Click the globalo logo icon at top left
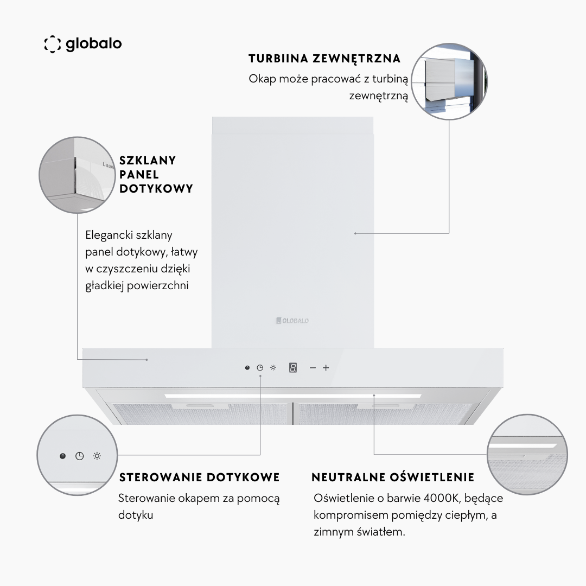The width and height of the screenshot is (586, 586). [52, 44]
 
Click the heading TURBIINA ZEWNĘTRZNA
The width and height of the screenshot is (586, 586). [324, 59]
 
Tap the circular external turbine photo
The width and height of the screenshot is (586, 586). [449, 81]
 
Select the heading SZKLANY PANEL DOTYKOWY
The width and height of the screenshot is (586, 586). [156, 174]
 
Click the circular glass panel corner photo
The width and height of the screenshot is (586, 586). [78, 175]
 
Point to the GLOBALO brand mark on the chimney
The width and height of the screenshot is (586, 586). [292, 321]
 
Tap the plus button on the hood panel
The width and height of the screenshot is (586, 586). [326, 368]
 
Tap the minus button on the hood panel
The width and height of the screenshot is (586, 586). [313, 368]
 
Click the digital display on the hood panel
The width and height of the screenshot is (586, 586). [293, 368]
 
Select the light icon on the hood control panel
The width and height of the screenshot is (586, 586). [273, 368]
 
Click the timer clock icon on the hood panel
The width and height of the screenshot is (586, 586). [260, 368]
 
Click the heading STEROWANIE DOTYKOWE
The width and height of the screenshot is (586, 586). [199, 477]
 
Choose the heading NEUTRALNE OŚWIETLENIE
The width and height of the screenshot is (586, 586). [393, 477]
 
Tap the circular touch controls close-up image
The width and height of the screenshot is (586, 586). [77, 455]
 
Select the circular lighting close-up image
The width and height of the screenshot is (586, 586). [527, 455]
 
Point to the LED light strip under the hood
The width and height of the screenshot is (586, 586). [292, 396]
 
